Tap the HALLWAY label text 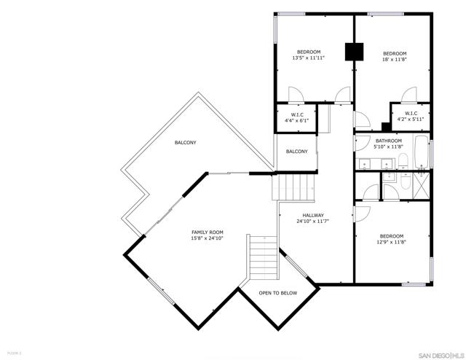tap(312, 216)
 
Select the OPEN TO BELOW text tap(278, 293)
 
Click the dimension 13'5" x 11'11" tap(309, 58)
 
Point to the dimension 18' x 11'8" tap(394, 60)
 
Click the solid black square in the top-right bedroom tap(354, 52)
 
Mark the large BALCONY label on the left tap(185, 142)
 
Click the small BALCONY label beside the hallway tap(296, 152)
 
